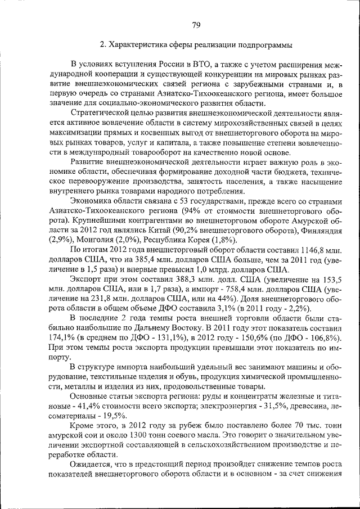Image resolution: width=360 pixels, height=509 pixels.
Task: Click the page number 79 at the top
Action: click(196, 24)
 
